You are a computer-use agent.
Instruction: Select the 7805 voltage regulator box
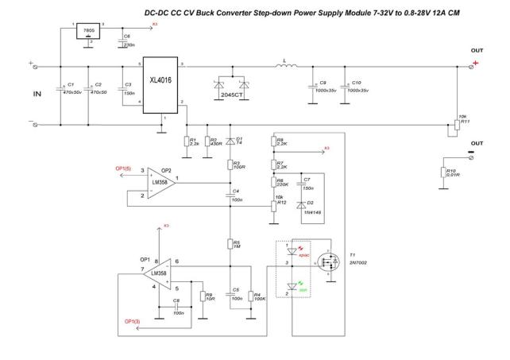pos(89,33)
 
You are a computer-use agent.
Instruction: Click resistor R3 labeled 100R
pos(229,165)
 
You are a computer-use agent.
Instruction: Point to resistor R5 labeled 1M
pos(229,244)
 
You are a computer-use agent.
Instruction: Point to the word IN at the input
pos(37,94)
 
